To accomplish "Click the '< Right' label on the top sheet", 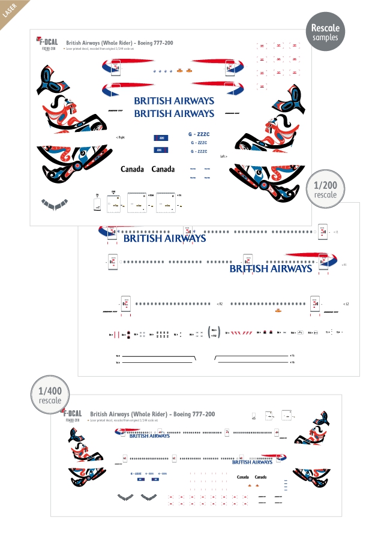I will coord(120,137).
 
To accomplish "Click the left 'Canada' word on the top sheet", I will coord(132,169).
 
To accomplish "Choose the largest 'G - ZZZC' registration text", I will coord(199,134).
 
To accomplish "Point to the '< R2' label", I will coord(220,304).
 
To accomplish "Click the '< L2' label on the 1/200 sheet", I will coord(346,304).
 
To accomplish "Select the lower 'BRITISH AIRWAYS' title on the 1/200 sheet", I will coord(271,269).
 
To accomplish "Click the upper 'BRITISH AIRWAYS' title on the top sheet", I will coord(173,101).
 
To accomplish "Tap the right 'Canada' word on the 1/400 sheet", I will coord(261,477).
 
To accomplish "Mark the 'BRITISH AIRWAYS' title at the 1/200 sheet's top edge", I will coord(164,238).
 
